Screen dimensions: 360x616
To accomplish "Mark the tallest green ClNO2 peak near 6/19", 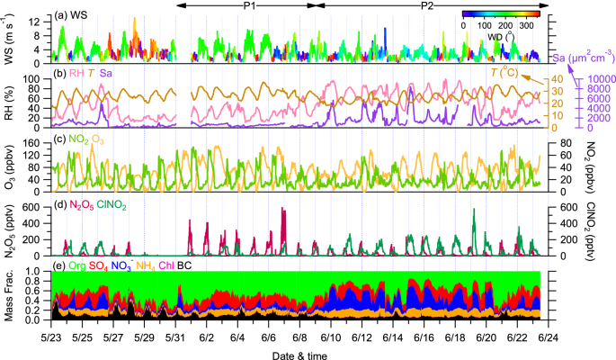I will tap(474, 211).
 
